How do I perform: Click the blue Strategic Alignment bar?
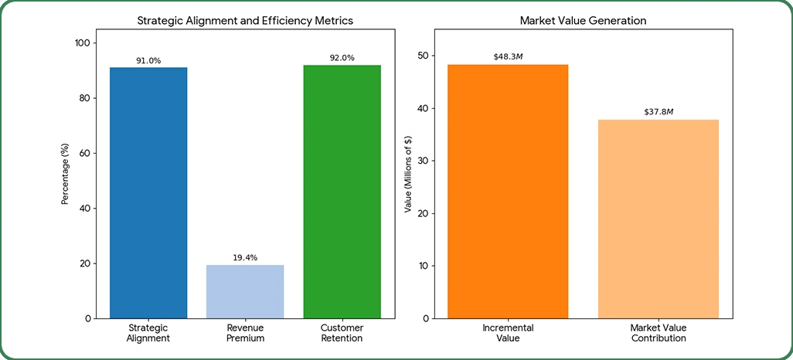click(148, 193)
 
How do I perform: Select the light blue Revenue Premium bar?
click(245, 291)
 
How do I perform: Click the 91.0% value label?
click(148, 60)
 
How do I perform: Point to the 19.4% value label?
click(245, 258)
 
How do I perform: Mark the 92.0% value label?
click(342, 58)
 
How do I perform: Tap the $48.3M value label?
click(508, 56)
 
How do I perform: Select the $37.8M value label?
click(659, 112)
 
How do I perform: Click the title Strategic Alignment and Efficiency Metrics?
click(245, 21)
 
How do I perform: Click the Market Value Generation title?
click(583, 21)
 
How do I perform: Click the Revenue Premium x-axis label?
click(245, 333)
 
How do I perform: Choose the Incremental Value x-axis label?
click(508, 333)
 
